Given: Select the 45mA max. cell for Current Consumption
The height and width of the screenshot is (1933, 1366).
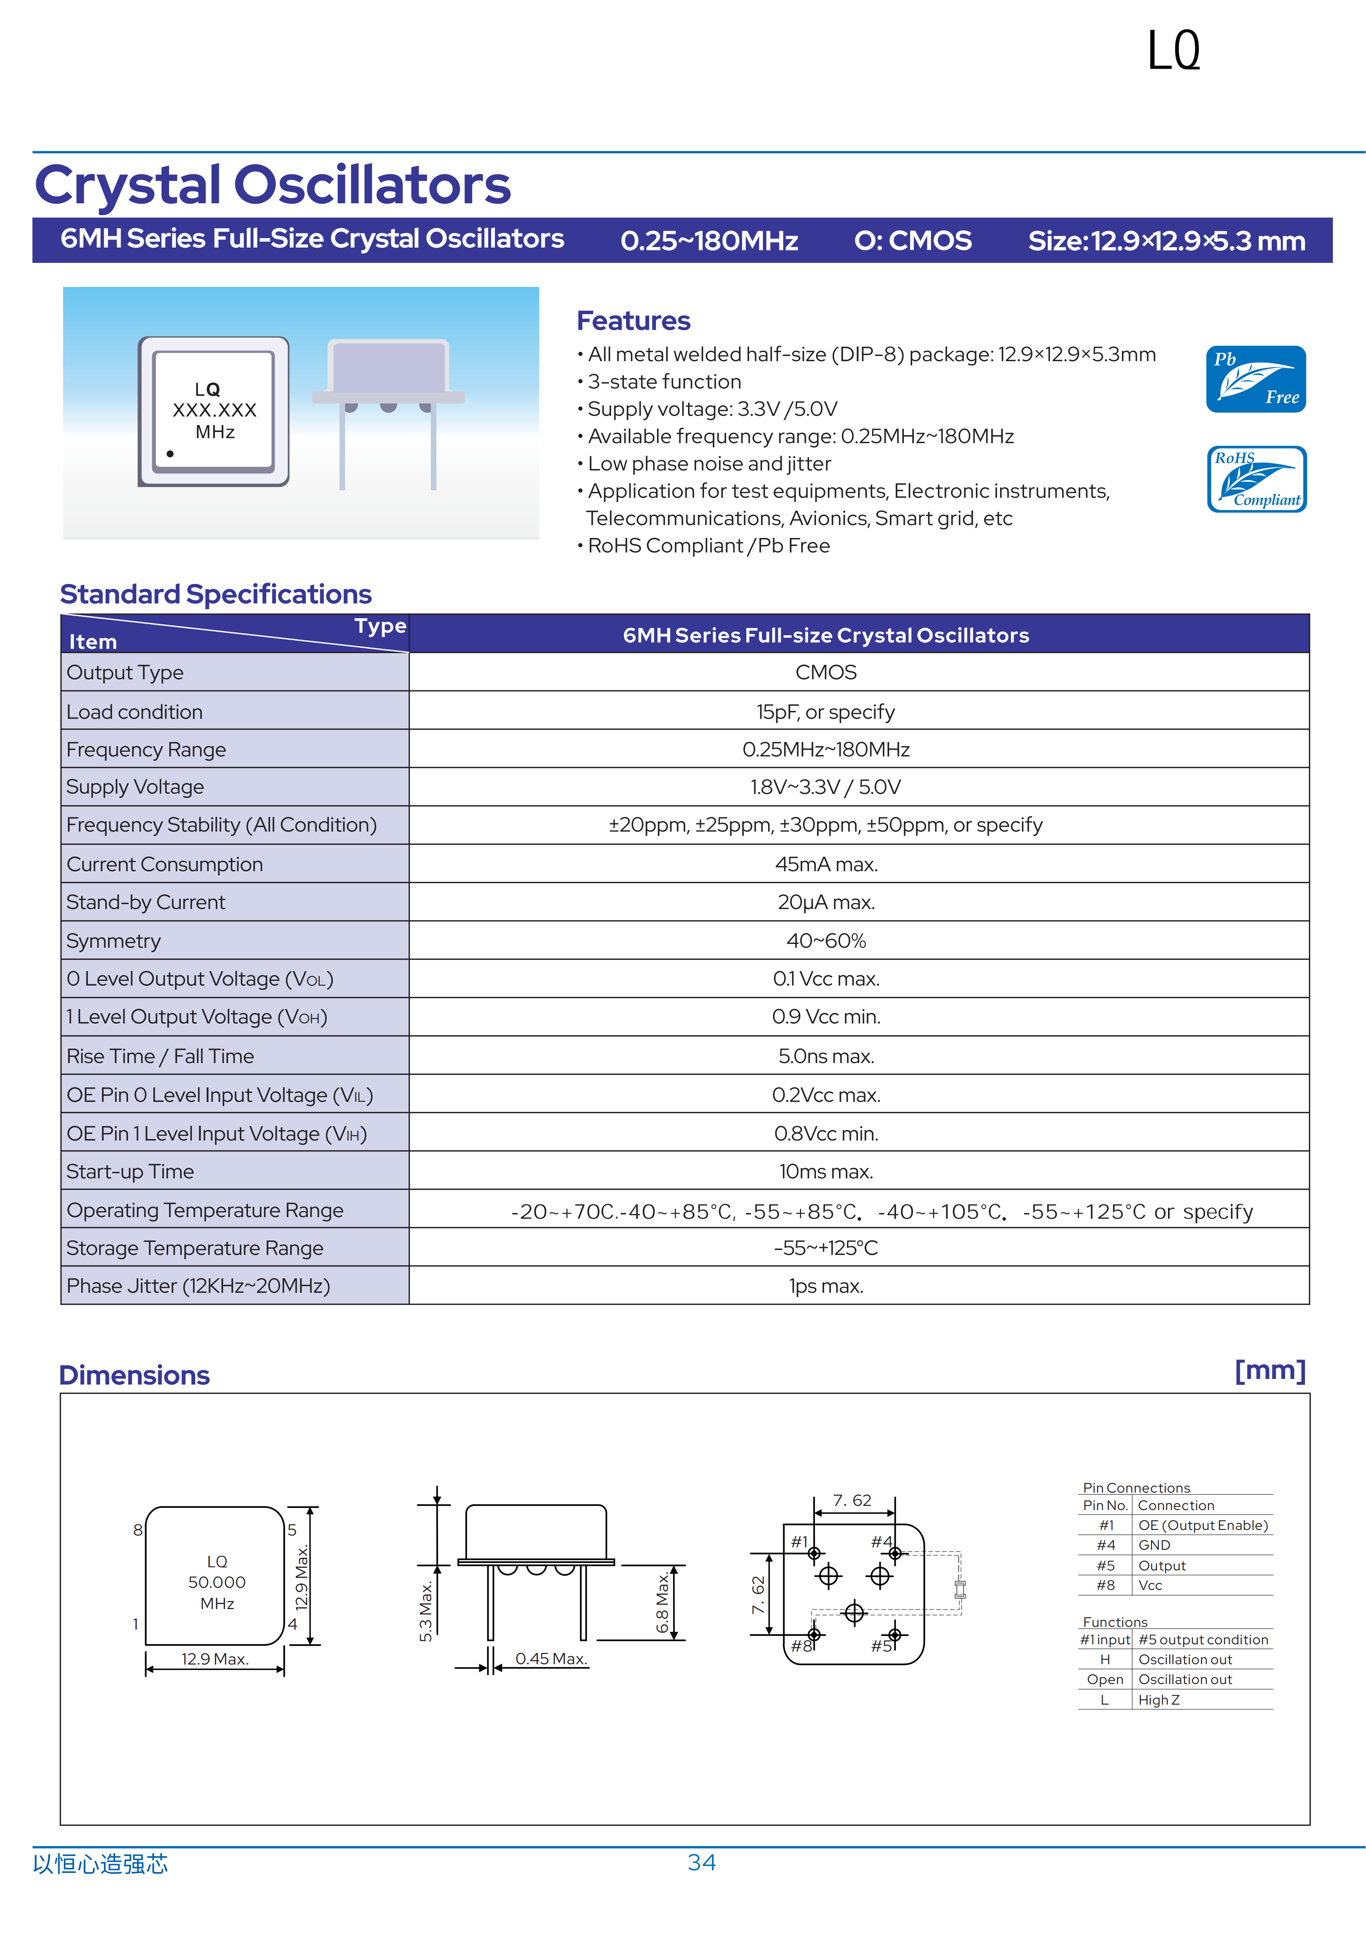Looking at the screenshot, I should coord(826,865).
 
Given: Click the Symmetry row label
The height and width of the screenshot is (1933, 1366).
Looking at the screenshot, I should coord(114,941).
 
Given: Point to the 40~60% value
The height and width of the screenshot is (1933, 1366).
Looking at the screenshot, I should coord(826,941).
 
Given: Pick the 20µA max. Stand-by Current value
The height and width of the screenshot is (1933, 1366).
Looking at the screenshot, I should coord(826,902).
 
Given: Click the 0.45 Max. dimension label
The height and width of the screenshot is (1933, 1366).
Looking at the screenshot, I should coord(551,1659).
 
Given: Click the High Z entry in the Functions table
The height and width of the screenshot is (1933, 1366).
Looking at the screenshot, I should coord(1159,1700).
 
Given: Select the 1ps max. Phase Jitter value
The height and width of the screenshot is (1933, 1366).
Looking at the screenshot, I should coord(826,1287).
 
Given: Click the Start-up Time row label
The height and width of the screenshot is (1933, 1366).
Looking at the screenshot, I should coord(130,1172).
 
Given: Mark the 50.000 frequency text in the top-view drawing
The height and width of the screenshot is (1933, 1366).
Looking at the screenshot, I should coord(217,1583).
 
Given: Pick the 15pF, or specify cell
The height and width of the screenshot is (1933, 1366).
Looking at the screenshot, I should coord(826,712).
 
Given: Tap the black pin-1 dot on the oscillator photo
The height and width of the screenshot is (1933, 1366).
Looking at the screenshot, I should coord(170,454).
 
